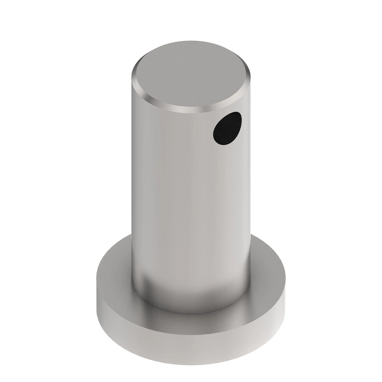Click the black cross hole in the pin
click(x=227, y=128)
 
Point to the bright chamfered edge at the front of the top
click(x=188, y=110)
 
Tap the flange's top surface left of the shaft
click(x=115, y=274)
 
